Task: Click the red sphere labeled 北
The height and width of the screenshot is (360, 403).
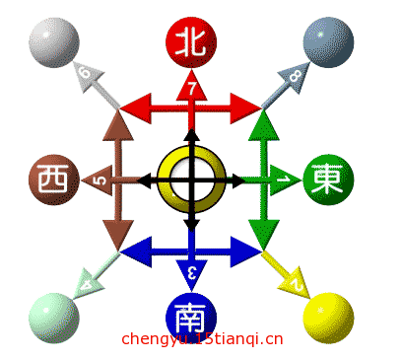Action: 191,42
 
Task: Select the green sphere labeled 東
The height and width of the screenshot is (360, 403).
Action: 327,180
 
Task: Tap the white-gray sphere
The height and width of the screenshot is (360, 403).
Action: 54,42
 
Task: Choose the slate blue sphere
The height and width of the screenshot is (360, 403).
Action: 327,42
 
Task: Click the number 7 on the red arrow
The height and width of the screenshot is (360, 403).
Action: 191,91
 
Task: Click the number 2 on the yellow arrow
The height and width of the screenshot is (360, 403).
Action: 295,285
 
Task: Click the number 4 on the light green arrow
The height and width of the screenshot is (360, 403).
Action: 88,286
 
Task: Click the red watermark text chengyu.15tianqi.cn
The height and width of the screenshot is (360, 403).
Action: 202,339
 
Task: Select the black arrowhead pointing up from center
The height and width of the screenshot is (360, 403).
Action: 191,136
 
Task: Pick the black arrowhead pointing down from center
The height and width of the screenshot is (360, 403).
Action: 191,224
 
